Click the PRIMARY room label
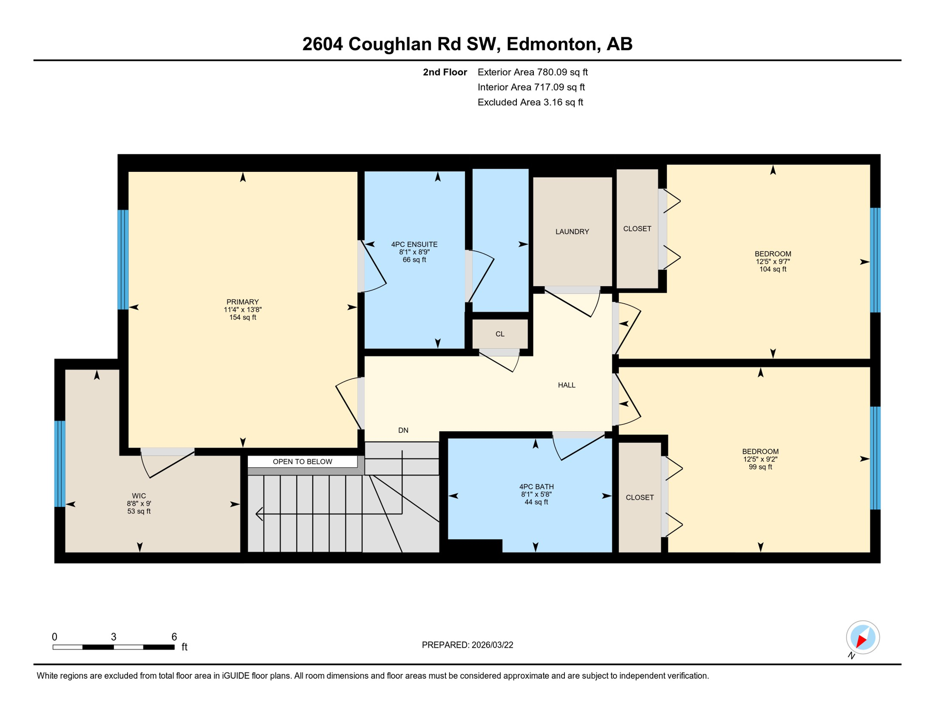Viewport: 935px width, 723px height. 243,302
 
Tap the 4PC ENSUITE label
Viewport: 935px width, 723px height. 414,244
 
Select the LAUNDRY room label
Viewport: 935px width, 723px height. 572,232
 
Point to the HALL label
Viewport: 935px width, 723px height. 566,385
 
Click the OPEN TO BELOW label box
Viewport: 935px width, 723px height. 302,461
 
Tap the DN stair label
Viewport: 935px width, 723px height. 403,430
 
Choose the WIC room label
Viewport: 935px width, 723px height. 139,496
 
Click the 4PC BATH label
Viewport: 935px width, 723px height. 536,487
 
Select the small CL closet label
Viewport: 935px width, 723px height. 499,334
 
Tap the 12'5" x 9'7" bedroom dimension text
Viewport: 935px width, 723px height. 772,262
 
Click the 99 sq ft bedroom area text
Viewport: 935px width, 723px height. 760,467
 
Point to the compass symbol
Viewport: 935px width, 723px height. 863,638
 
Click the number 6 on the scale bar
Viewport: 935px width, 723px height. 174,637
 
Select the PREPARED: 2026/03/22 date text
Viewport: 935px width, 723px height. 467,645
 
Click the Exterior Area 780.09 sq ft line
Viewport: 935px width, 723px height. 532,72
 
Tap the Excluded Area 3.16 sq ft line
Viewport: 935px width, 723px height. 530,102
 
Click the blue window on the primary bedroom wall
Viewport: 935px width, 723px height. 123,259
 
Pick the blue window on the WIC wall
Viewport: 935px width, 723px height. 60,464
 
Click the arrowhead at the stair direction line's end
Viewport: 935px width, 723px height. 258,514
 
